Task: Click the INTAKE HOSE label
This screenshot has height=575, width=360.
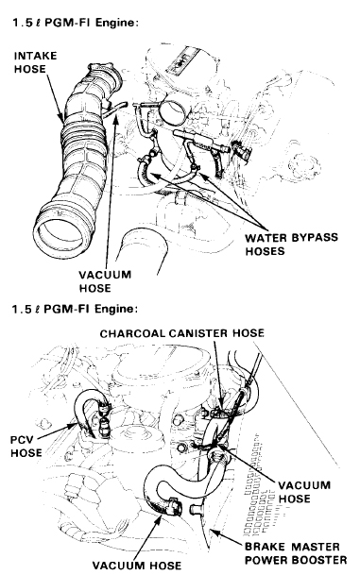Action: [x=36, y=62]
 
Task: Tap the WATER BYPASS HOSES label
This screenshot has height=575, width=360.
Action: [x=292, y=245]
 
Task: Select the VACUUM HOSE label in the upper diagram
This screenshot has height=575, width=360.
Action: [x=105, y=281]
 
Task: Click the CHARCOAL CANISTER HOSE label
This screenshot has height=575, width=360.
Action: [x=182, y=333]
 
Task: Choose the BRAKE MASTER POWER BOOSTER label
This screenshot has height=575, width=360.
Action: [x=296, y=553]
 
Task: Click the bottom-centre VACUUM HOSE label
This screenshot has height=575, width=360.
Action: [x=136, y=566]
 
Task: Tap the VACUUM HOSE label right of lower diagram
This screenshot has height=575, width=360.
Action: [x=304, y=491]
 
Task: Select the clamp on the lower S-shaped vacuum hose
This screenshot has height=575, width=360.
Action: [x=174, y=507]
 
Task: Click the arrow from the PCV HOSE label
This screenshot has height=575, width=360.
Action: [x=58, y=431]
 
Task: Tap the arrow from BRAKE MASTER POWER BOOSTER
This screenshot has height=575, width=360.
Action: [x=225, y=537]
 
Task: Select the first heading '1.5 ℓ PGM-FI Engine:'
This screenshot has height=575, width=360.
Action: [x=76, y=23]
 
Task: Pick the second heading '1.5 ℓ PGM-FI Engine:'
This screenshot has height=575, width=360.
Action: [x=76, y=309]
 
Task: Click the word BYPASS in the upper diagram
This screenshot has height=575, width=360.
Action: [x=315, y=238]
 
